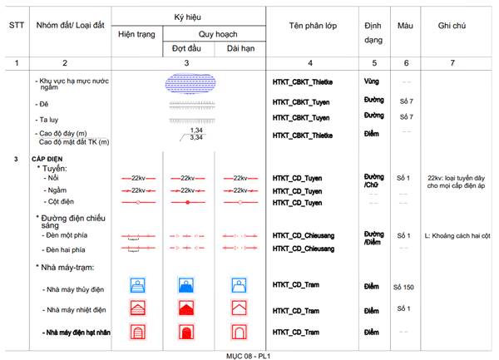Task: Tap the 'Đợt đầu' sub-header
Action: (188, 49)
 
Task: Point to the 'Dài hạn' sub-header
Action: (240, 49)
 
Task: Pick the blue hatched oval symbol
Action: (190, 82)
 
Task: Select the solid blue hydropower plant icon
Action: (189, 286)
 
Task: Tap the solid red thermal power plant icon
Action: (189, 309)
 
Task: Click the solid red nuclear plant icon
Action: (189, 333)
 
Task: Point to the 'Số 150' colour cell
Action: (405, 287)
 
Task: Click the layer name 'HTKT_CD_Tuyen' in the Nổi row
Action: (298, 178)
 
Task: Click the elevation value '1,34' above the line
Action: (196, 130)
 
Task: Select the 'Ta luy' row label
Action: (52, 119)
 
